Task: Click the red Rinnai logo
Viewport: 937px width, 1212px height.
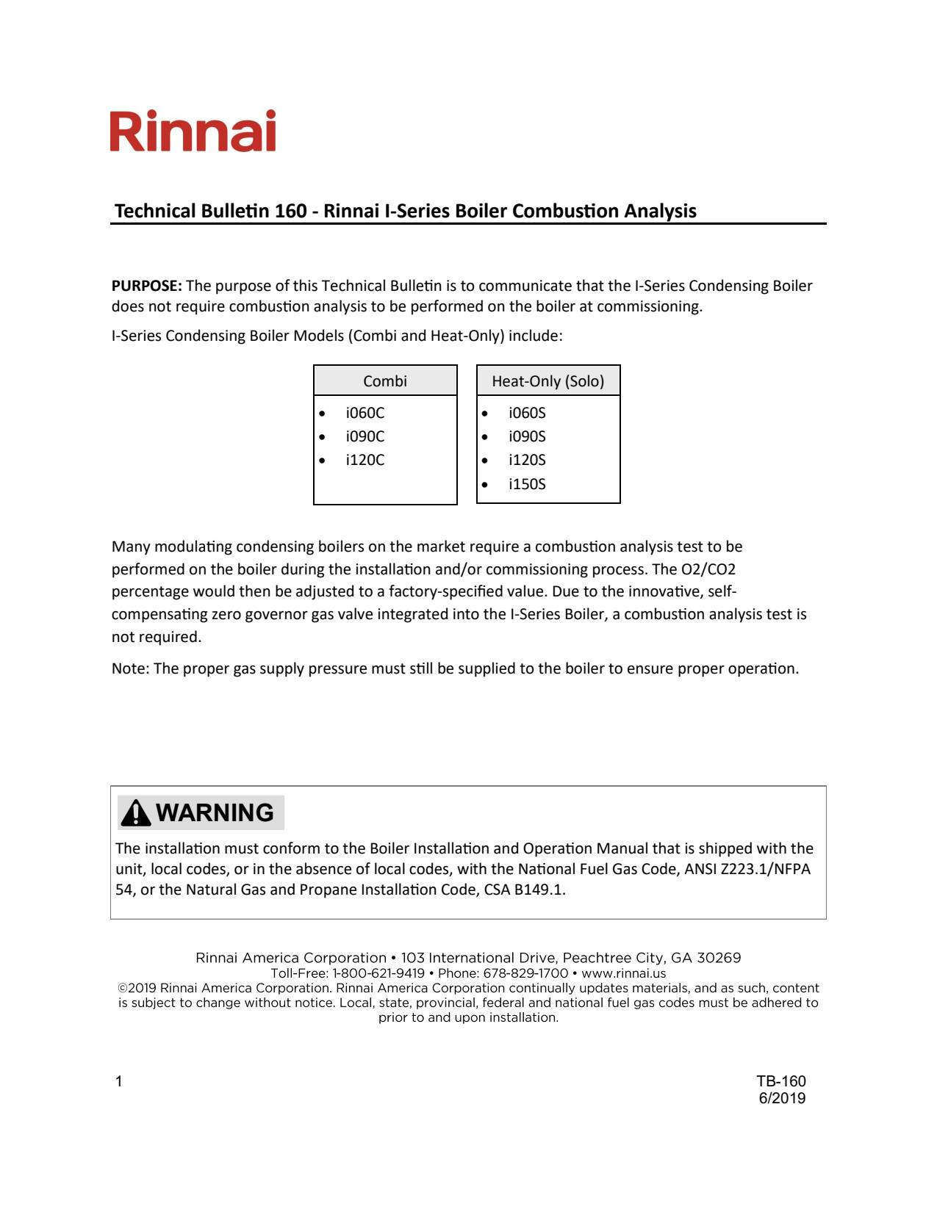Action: pyautogui.click(x=193, y=131)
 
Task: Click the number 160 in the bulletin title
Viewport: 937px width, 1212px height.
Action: pyautogui.click(x=290, y=212)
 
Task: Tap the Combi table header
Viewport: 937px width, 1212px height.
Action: pyautogui.click(x=385, y=381)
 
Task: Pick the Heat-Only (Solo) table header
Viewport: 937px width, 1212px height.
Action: pyautogui.click(x=548, y=381)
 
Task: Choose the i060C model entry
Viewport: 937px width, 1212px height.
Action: pyautogui.click(x=365, y=414)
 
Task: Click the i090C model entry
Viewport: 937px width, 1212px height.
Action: pyautogui.click(x=365, y=437)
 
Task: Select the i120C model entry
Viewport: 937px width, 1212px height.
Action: pyautogui.click(x=365, y=461)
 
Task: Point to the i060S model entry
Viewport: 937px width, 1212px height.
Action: pyautogui.click(x=527, y=414)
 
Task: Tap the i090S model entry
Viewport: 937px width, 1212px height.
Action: pyautogui.click(x=527, y=437)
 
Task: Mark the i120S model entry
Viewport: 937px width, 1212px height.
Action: pyautogui.click(x=527, y=461)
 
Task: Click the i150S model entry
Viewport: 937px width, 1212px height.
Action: pyautogui.click(x=527, y=485)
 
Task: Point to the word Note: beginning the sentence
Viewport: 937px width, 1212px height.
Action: pyautogui.click(x=131, y=669)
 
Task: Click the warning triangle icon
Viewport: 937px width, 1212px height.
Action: pyautogui.click(x=136, y=813)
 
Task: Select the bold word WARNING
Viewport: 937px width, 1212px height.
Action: pyautogui.click(x=215, y=813)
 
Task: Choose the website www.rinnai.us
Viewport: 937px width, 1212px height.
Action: pyautogui.click(x=623, y=974)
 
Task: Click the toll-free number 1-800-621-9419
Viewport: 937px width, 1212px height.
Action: pyautogui.click(x=378, y=974)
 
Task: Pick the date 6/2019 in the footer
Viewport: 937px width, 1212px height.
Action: pyautogui.click(x=782, y=1099)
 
